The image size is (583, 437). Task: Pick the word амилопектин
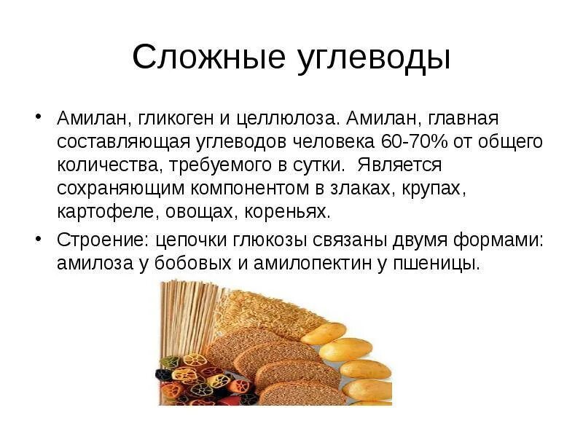click(311, 263)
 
